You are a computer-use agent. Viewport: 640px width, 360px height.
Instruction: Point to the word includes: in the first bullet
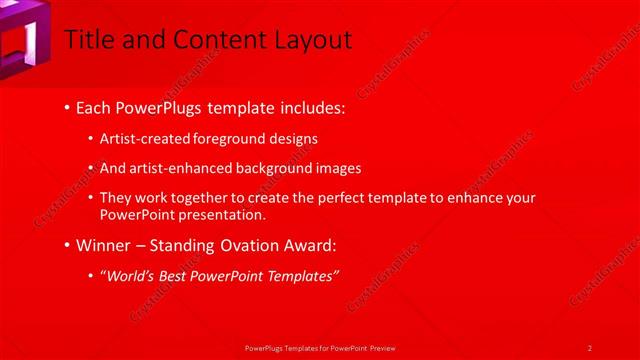pyautogui.click(x=309, y=106)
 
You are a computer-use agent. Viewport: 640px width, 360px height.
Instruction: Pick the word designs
pyautogui.click(x=296, y=138)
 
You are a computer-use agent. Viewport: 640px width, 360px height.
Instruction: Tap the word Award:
pyautogui.click(x=308, y=244)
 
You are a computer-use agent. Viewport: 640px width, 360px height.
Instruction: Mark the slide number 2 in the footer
pyautogui.click(x=590, y=347)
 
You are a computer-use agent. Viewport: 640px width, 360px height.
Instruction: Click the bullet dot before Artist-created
pyautogui.click(x=92, y=139)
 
